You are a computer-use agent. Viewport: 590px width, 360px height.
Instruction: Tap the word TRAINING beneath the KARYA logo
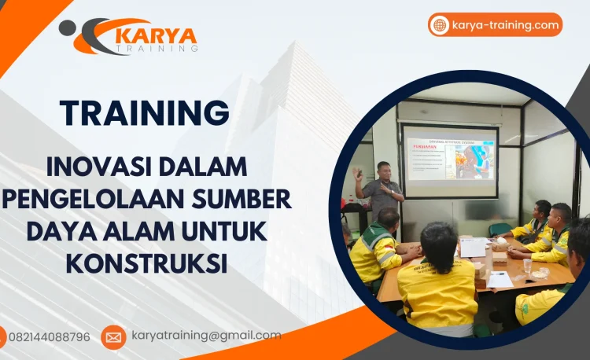157,50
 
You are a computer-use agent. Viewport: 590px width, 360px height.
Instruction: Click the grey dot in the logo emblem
68,28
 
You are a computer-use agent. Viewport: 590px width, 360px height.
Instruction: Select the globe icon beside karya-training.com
440,25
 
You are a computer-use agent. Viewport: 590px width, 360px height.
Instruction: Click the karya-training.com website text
505,25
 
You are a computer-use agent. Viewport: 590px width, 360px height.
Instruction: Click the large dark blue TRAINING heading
145,112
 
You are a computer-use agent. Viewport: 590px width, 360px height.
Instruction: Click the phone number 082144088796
49,337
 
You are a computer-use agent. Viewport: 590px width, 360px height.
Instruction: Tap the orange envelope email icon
113,337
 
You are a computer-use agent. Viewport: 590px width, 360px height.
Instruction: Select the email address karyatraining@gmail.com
206,336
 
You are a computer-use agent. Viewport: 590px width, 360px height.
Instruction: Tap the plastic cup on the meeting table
527,265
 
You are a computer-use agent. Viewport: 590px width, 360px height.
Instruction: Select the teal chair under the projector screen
500,230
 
